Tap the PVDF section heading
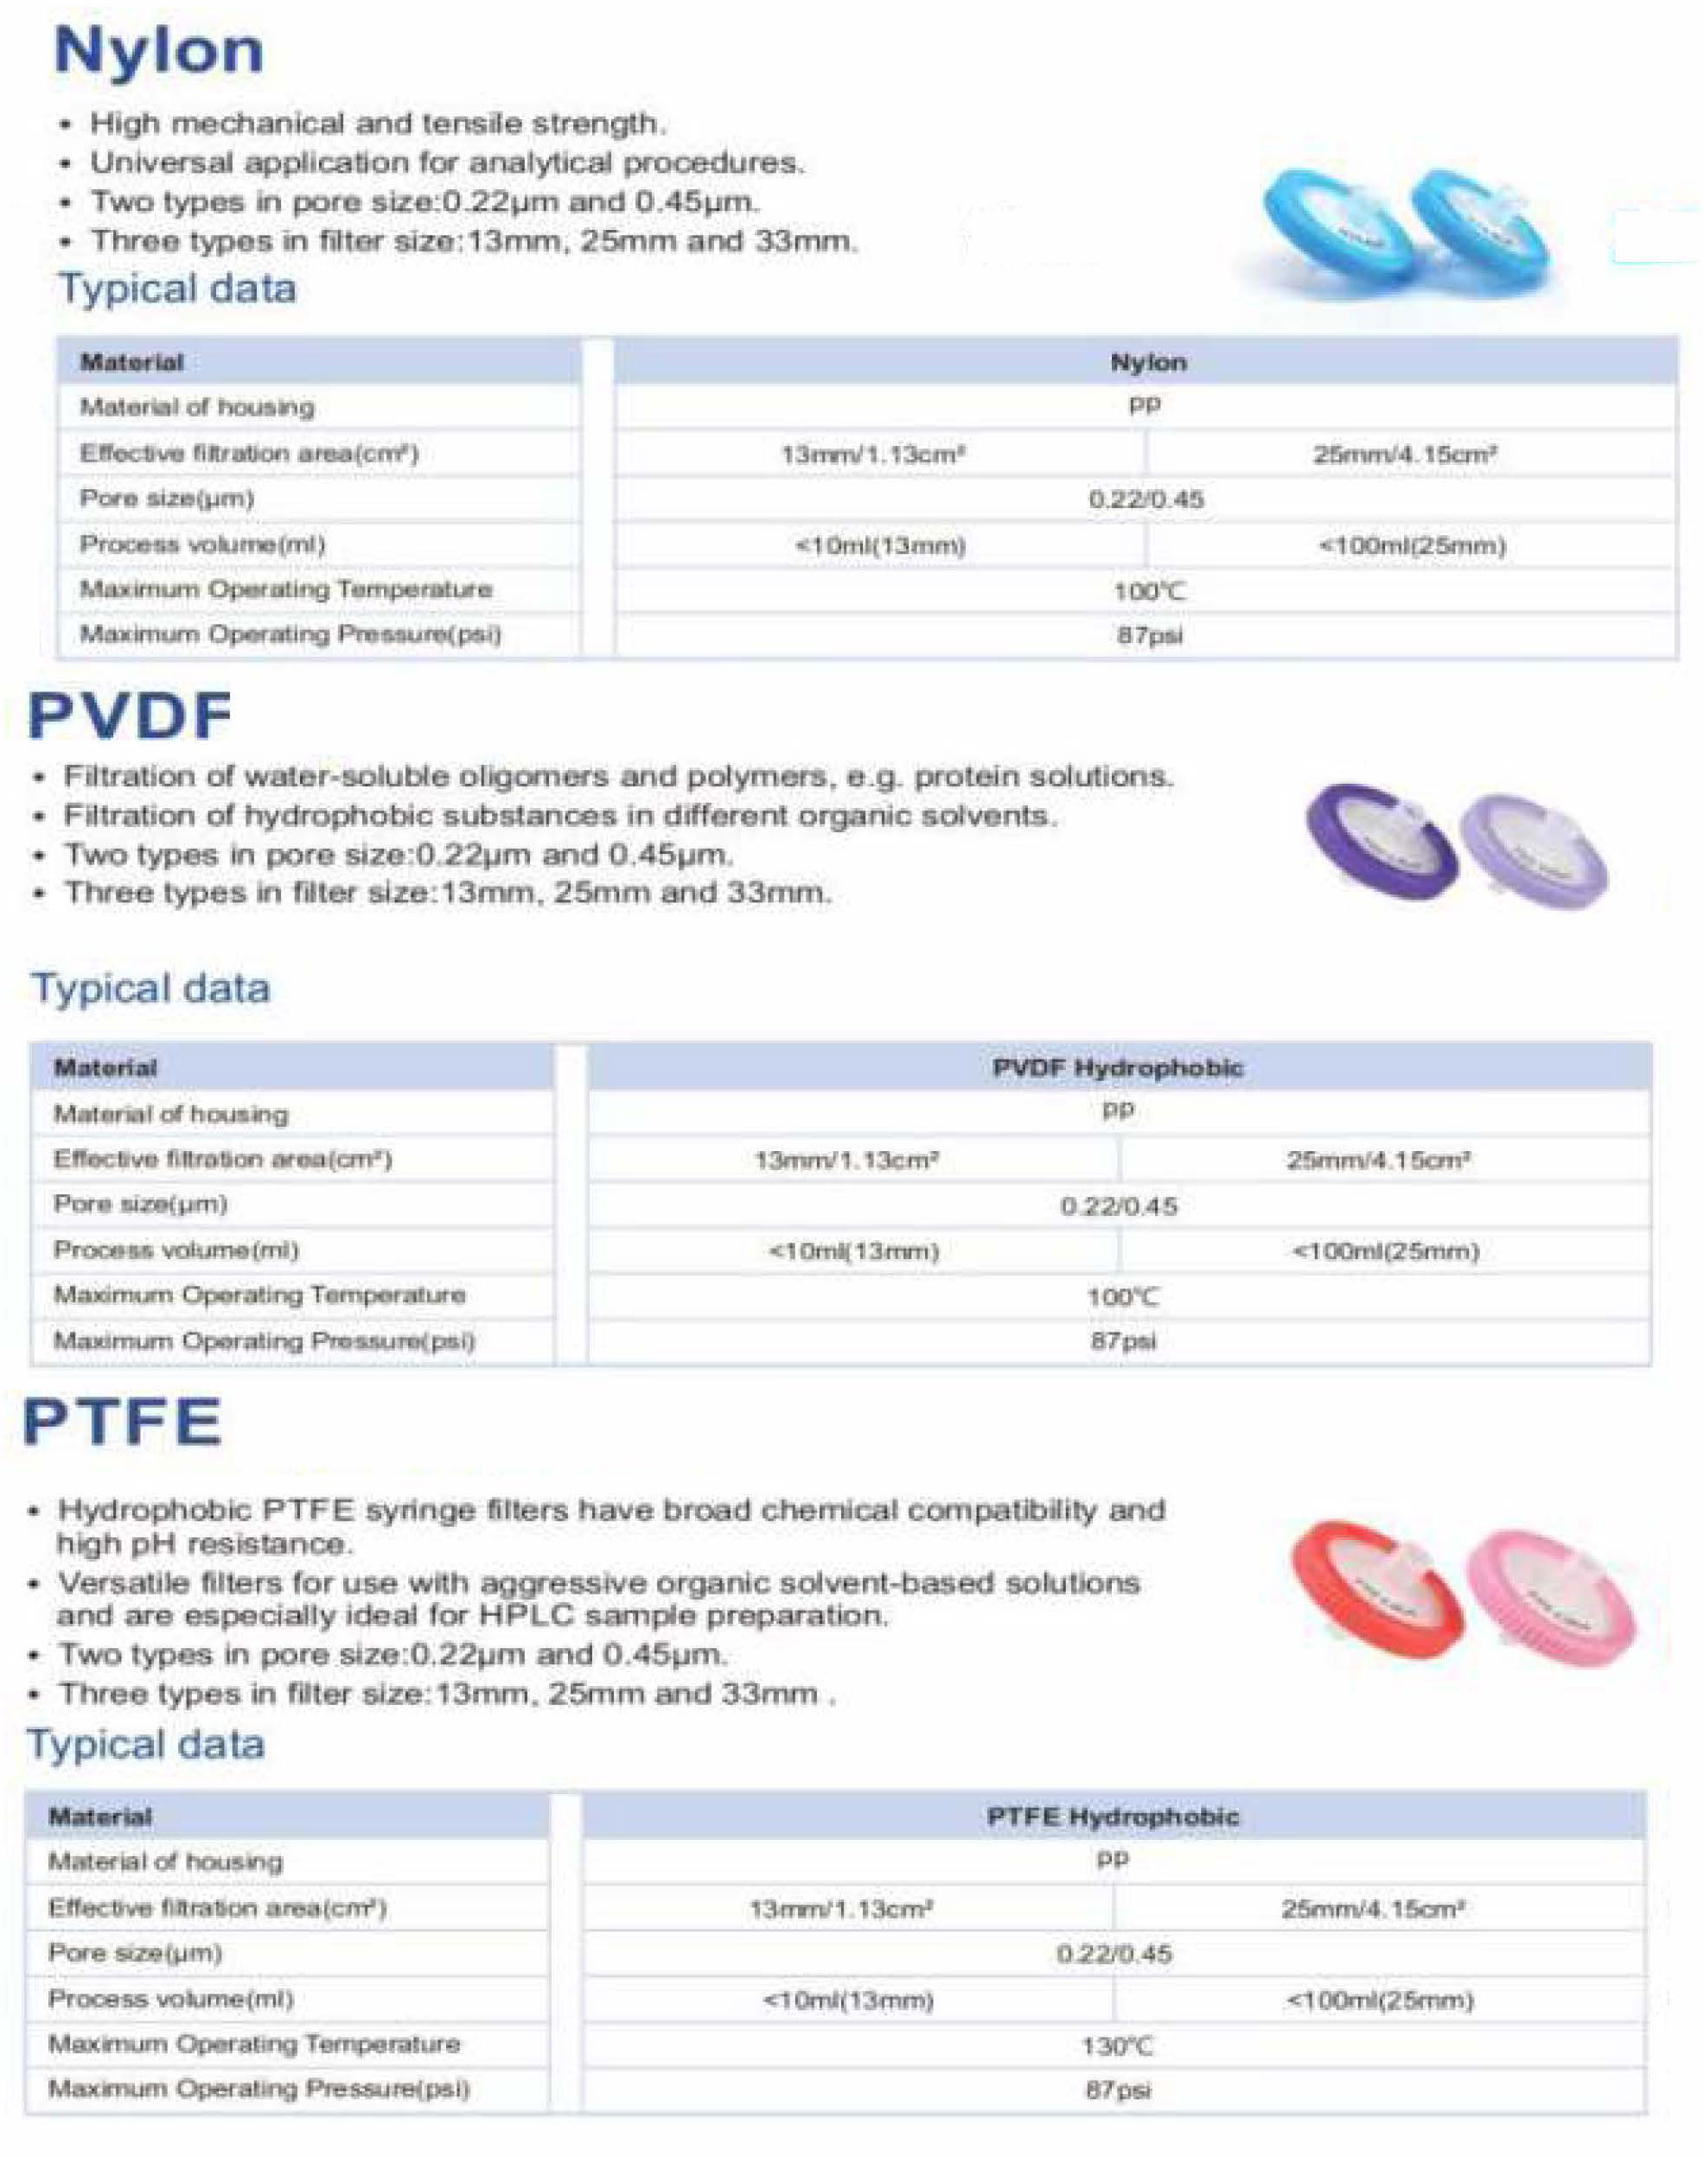click(x=130, y=716)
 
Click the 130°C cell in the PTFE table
click(x=1116, y=2047)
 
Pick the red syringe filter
click(x=1375, y=1586)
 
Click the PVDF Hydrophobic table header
click(x=1117, y=1068)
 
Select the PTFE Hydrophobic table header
click(x=1113, y=1817)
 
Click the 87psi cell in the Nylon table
click(x=1149, y=635)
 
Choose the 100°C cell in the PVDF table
click(x=1122, y=1296)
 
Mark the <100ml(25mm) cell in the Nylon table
click(x=1412, y=545)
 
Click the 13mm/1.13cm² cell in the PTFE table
click(x=841, y=1909)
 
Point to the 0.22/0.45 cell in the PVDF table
click(x=1119, y=1206)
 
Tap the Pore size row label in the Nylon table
click(x=167, y=499)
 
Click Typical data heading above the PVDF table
click(x=150, y=989)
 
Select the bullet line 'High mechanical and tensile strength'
click(x=376, y=124)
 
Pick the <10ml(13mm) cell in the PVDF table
click(x=854, y=1251)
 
